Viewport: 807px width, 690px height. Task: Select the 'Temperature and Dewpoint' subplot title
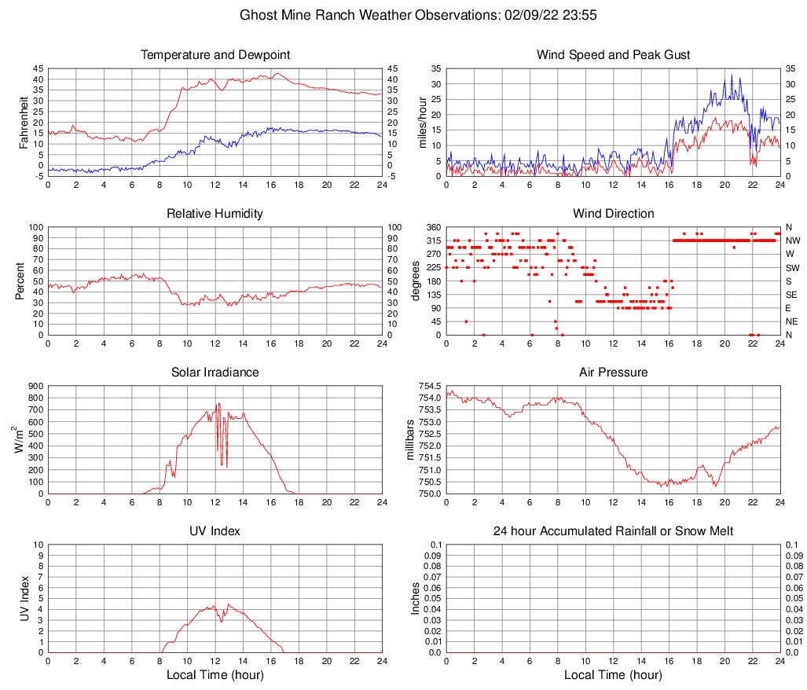point(215,55)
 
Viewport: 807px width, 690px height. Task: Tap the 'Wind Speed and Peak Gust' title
point(613,55)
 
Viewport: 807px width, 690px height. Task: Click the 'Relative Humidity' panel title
point(215,214)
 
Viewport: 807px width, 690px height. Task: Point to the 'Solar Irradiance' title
point(215,373)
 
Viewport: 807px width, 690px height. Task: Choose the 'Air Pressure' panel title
point(613,373)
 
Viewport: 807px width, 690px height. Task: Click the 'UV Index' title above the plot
point(215,531)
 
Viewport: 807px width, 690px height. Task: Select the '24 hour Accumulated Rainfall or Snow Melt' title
point(613,531)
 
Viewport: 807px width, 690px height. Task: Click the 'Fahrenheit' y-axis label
point(23,122)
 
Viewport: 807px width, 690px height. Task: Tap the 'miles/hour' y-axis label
point(422,122)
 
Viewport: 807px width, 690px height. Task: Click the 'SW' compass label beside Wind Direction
point(793,267)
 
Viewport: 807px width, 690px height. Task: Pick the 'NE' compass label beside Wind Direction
point(793,321)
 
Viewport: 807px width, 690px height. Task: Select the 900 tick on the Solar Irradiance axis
point(35,386)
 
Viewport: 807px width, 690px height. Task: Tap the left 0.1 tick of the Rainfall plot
point(435,545)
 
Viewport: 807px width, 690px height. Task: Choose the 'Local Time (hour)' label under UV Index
point(215,675)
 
